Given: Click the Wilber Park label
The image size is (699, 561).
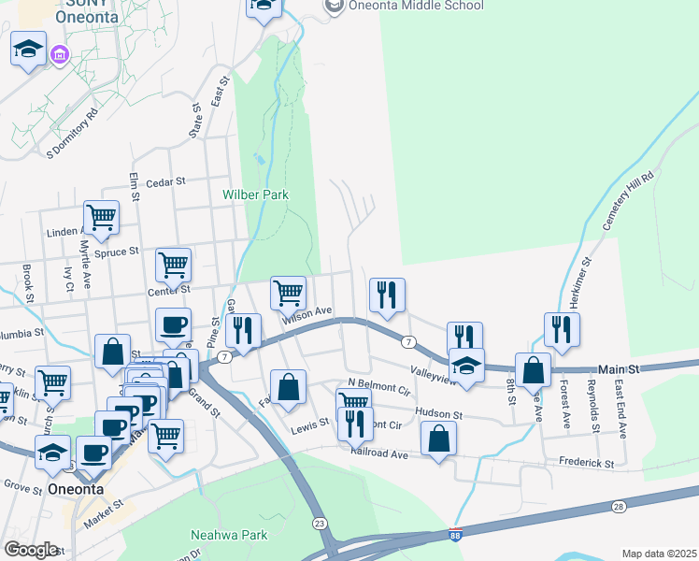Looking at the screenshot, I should (255, 195).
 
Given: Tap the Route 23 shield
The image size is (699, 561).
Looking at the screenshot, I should (320, 523).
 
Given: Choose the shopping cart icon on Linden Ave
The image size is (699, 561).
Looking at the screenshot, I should (101, 218).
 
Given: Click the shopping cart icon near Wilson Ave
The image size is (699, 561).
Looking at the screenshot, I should (289, 293).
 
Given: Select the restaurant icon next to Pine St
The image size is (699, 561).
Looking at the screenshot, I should (243, 331).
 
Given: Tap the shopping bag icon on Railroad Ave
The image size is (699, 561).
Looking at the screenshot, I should (438, 439).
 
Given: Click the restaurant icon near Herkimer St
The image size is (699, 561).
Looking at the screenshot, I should (562, 330).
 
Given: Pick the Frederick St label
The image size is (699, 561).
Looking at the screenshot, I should (586, 463).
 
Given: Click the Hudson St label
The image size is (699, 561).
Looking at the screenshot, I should (437, 414).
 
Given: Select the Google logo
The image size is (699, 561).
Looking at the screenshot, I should (31, 550).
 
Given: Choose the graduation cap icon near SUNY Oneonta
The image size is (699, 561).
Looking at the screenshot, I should (28, 49).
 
